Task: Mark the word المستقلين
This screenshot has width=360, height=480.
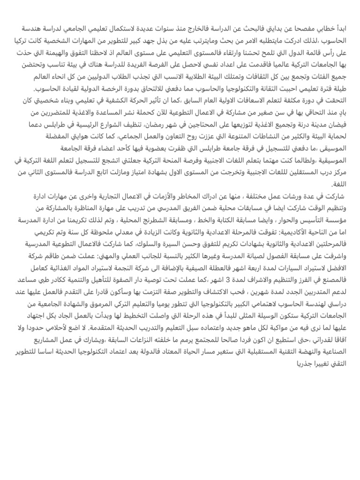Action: [x=307, y=172]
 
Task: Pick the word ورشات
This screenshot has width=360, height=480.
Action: [x=299, y=195]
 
